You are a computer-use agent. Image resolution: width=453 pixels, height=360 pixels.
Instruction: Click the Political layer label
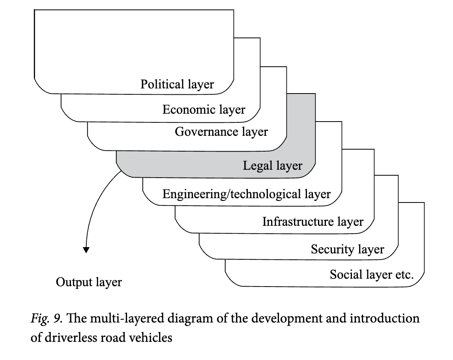tap(177, 84)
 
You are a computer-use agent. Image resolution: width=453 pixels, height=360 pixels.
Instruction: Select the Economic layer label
tap(204, 109)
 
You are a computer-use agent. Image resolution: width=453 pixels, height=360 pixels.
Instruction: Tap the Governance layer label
tap(221, 131)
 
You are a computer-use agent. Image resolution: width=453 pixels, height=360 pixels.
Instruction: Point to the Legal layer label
tap(272, 165)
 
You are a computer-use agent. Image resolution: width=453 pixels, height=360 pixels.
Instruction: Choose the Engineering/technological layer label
tap(247, 194)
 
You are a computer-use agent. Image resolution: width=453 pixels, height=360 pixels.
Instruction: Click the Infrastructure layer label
tap(313, 221)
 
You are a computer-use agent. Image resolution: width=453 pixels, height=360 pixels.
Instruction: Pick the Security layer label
tap(347, 249)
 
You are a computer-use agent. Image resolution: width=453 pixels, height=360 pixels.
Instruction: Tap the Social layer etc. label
tap(372, 274)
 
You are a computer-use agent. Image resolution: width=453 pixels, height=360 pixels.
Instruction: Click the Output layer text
tap(89, 282)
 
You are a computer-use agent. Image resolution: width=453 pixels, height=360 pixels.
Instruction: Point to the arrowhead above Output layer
tap(86, 249)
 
